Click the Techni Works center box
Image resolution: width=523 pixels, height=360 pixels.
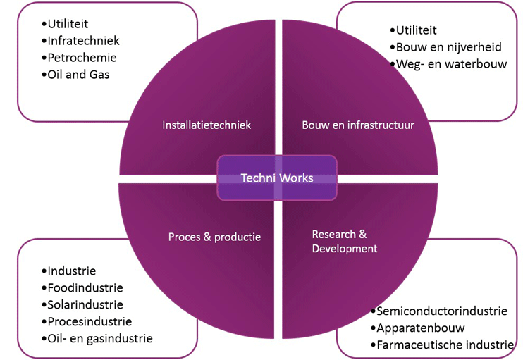[x=277, y=178]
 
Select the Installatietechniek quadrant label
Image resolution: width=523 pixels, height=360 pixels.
[x=207, y=125]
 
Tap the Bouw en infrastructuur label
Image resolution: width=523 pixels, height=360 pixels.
[x=358, y=125]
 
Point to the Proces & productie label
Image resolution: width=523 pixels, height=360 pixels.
[x=214, y=237]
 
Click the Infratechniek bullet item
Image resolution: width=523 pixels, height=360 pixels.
[x=83, y=41]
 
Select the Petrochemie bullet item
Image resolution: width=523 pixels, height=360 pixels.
[x=82, y=58]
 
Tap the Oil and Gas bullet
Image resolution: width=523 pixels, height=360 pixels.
[x=78, y=75]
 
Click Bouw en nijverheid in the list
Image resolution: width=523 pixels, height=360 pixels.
[x=449, y=47]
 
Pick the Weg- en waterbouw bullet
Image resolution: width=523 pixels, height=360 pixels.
[x=452, y=64]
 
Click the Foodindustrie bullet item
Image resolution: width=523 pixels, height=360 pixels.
[x=85, y=287]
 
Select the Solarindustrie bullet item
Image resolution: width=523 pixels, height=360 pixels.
[x=85, y=304]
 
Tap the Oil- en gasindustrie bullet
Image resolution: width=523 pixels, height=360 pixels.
[x=99, y=338]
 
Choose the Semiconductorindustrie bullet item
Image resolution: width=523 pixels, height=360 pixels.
[x=442, y=311]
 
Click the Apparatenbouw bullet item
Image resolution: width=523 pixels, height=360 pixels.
[x=421, y=328]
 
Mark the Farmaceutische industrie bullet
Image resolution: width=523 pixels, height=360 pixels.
[x=445, y=345]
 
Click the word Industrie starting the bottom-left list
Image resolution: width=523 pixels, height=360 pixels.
[x=72, y=271]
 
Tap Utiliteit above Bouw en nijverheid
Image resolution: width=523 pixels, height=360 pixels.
[x=417, y=30]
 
